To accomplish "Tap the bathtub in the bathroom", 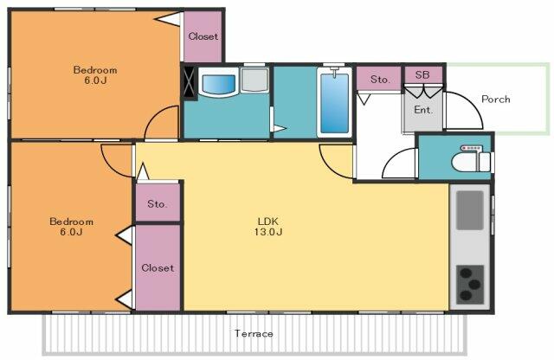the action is [334, 102].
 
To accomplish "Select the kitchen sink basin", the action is [469, 210].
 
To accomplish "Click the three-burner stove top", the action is [470, 285].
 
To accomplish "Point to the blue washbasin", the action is [218, 82].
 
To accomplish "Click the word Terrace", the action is [254, 333].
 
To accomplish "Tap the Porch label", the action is [496, 100].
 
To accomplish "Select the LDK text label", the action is [268, 222].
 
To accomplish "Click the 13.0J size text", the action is [268, 232].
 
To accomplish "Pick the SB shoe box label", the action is [422, 75].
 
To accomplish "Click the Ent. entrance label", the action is [423, 110].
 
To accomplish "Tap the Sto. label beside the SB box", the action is [380, 80].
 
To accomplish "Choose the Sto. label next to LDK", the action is [157, 204].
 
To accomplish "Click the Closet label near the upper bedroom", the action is [203, 36].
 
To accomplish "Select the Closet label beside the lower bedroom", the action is [158, 268].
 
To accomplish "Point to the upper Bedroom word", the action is [95, 69].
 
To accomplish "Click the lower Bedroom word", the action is [71, 222].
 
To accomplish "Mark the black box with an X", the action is [190, 83].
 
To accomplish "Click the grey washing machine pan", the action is [254, 80].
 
